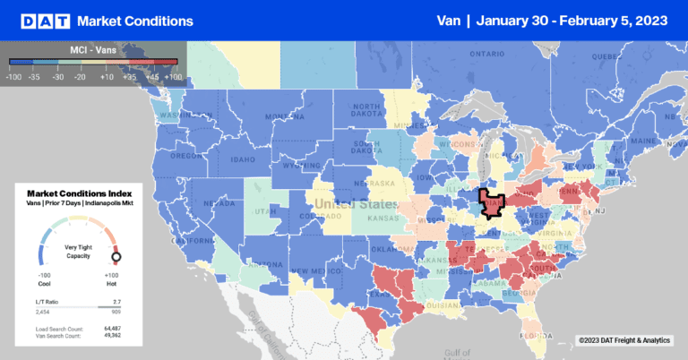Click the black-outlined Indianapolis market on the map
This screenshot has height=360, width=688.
pos(491,203)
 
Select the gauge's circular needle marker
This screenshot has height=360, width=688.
pos(116,259)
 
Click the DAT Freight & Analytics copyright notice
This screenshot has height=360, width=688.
pos(623,339)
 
